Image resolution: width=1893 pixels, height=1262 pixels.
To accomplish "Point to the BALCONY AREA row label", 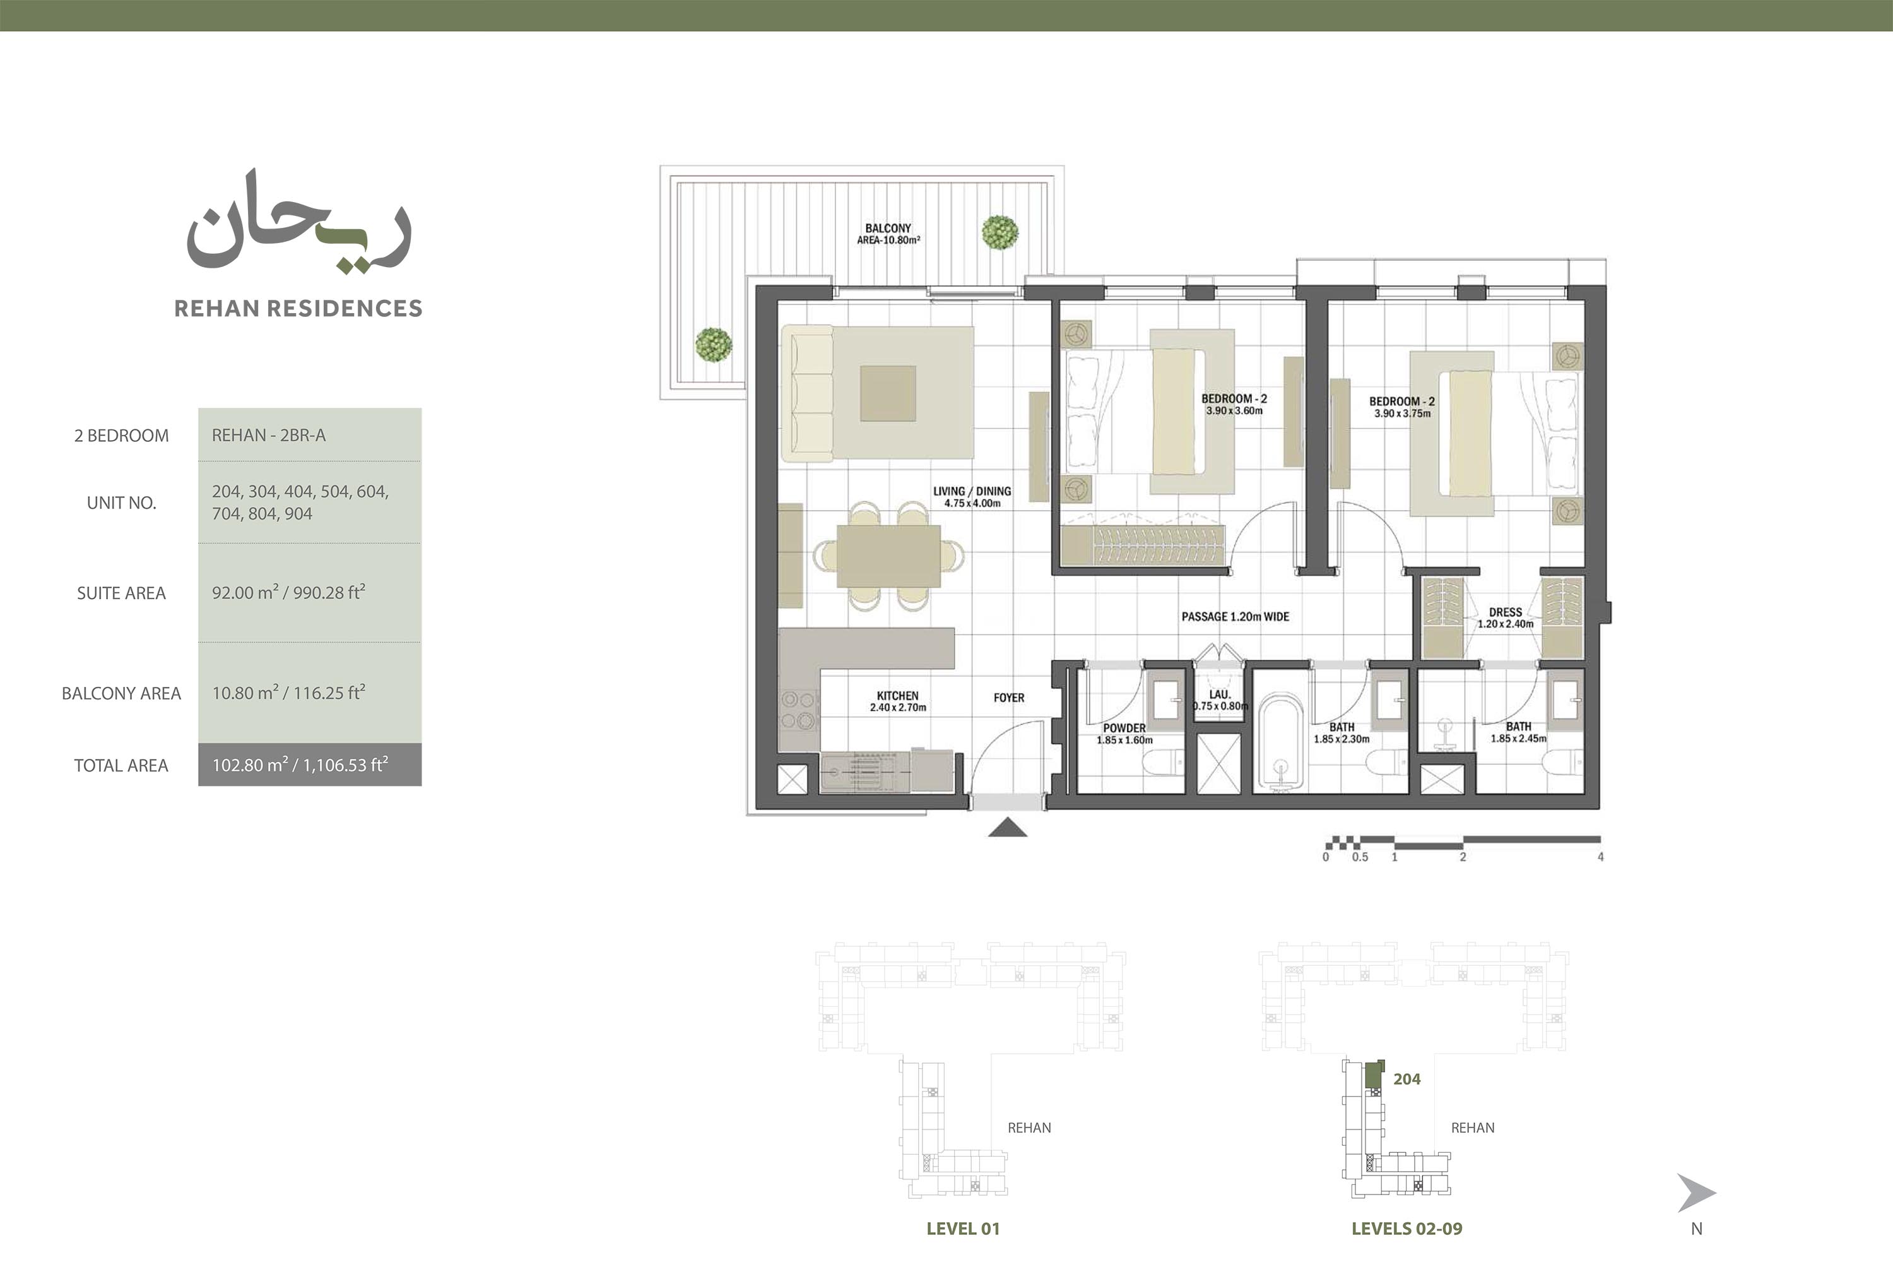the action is pyautogui.click(x=122, y=693).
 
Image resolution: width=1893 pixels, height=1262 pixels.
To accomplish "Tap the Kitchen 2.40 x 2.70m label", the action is pyautogui.click(x=898, y=701).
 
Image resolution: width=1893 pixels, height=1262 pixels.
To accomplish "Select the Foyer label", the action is pyautogui.click(x=1009, y=698).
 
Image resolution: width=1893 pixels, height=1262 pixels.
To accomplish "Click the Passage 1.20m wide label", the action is pyautogui.click(x=1235, y=617).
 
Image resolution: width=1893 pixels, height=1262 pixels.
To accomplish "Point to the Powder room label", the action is pyautogui.click(x=1124, y=733).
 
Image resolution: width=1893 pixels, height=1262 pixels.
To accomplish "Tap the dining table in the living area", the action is pyautogui.click(x=888, y=556).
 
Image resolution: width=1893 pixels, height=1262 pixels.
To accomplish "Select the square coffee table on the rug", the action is pyautogui.click(x=888, y=393).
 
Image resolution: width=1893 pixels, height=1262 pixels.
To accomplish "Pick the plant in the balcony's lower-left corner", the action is pyautogui.click(x=714, y=345).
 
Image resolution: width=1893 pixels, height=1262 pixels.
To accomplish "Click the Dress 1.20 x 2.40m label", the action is pyautogui.click(x=1505, y=617).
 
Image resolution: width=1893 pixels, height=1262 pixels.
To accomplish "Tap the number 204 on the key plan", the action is pyautogui.click(x=1407, y=1080).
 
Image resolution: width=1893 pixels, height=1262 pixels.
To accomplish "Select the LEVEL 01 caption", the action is pyautogui.click(x=963, y=1228).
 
